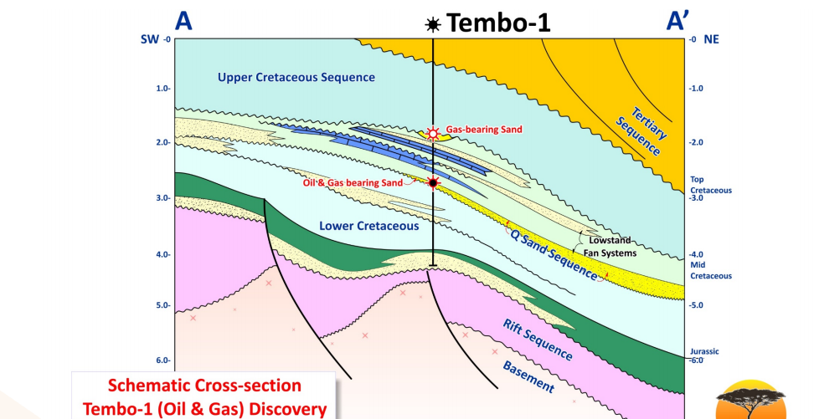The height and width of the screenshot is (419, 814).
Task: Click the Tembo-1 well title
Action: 499,23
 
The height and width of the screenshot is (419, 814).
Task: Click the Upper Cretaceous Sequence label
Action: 296,78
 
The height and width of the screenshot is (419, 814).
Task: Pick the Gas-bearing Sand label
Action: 484,130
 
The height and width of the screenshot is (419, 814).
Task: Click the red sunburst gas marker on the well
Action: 433,133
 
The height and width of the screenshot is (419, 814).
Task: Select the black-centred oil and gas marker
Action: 433,182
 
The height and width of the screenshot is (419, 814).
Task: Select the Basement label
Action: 528,377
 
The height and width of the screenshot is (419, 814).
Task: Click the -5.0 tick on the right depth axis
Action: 697,305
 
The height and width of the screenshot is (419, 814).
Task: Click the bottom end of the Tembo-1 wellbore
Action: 433,266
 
